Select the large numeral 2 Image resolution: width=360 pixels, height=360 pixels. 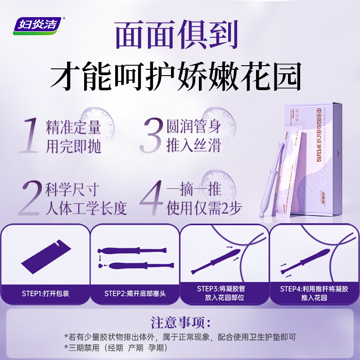point(29,198)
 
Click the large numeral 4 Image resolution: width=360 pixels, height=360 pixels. point(150,198)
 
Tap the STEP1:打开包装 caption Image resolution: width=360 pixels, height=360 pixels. point(45,293)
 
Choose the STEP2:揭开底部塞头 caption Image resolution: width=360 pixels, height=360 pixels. point(135,293)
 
